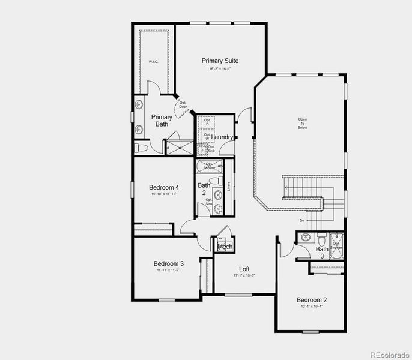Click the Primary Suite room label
220,61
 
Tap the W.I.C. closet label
153,62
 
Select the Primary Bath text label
162,121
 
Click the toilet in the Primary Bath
138,147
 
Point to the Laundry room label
222,137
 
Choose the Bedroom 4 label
164,188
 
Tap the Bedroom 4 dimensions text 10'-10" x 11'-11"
164,194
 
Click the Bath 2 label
204,189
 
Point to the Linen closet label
229,186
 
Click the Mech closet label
225,247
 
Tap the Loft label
244,269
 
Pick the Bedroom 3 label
168,263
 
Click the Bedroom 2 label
312,299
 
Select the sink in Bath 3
305,237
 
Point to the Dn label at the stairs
301,221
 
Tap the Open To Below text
302,123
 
